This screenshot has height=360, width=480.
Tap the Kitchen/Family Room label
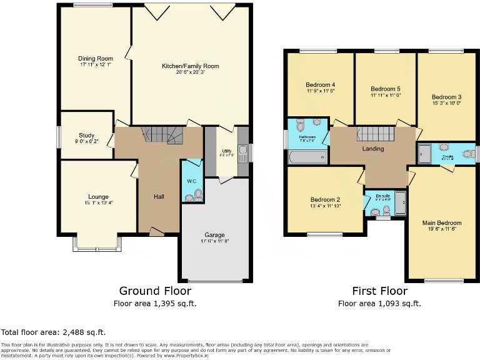(x=191, y=66)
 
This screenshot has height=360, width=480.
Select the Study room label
(x=86, y=135)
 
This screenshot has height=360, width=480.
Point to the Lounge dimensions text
(x=99, y=202)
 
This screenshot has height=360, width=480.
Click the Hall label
(x=159, y=197)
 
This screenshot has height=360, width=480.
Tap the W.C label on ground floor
(x=191, y=182)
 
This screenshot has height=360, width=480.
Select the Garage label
(x=214, y=234)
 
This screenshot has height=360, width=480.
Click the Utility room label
(x=226, y=151)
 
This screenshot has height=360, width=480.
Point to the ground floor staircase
(x=159, y=133)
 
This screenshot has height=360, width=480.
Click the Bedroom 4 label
(x=320, y=85)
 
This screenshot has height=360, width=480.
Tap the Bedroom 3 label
(x=446, y=97)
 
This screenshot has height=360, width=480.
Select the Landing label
(x=372, y=149)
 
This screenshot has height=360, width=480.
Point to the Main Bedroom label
(x=442, y=223)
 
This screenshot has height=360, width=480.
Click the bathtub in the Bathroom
(x=307, y=157)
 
